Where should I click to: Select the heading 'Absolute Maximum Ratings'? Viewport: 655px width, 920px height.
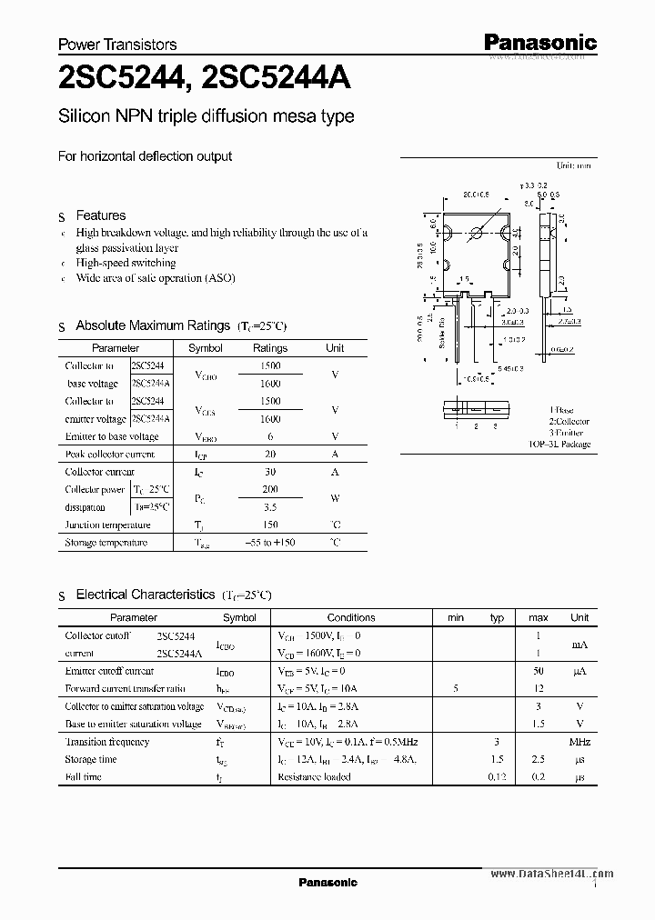tap(152, 325)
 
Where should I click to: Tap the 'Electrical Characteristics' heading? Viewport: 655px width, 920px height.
tap(145, 595)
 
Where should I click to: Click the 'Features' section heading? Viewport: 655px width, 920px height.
tap(100, 215)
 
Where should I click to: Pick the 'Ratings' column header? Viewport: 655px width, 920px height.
tap(269, 348)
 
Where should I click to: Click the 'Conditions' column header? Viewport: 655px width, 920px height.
tap(350, 617)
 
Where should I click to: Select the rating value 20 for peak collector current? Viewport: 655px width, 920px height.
tap(269, 454)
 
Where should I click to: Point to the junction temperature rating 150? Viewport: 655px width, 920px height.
tap(269, 525)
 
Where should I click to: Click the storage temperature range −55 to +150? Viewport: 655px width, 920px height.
tap(269, 543)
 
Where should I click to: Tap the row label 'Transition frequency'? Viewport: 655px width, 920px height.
tap(107, 742)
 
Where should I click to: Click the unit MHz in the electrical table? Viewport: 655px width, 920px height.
tap(579, 742)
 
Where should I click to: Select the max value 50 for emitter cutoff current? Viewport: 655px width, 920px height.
tap(539, 671)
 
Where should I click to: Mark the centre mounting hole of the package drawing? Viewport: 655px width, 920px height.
tap(474, 233)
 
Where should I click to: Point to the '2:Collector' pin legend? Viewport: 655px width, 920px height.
tap(569, 422)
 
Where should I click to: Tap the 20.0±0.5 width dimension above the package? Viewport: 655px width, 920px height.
tap(475, 194)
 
